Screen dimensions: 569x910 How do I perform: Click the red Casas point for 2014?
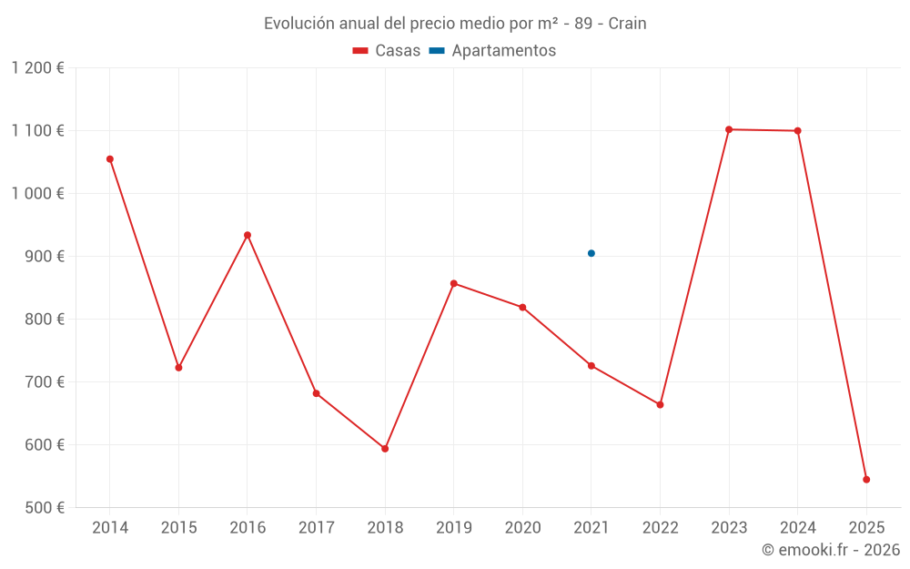point(110,159)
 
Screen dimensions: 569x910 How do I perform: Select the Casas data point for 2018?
point(385,449)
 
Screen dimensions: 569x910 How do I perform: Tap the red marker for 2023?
point(729,129)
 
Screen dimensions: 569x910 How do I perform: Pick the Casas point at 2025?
point(866,480)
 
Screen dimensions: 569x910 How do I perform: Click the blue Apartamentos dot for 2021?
point(591,253)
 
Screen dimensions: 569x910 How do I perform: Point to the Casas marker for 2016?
point(248,235)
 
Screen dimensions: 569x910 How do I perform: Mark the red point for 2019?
point(454,283)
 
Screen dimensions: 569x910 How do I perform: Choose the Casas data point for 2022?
point(660,404)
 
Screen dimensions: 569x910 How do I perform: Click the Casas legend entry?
point(387,51)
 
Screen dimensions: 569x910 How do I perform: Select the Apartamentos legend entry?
point(492,51)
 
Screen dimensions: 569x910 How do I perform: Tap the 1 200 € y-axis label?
point(37,68)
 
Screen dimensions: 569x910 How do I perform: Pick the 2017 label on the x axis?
point(316,528)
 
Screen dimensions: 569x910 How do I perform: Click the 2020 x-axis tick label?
point(522,528)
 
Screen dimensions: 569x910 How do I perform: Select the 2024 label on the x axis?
point(797,528)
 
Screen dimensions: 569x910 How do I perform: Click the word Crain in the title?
point(627,24)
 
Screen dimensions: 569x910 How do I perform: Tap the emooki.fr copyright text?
point(831,550)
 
